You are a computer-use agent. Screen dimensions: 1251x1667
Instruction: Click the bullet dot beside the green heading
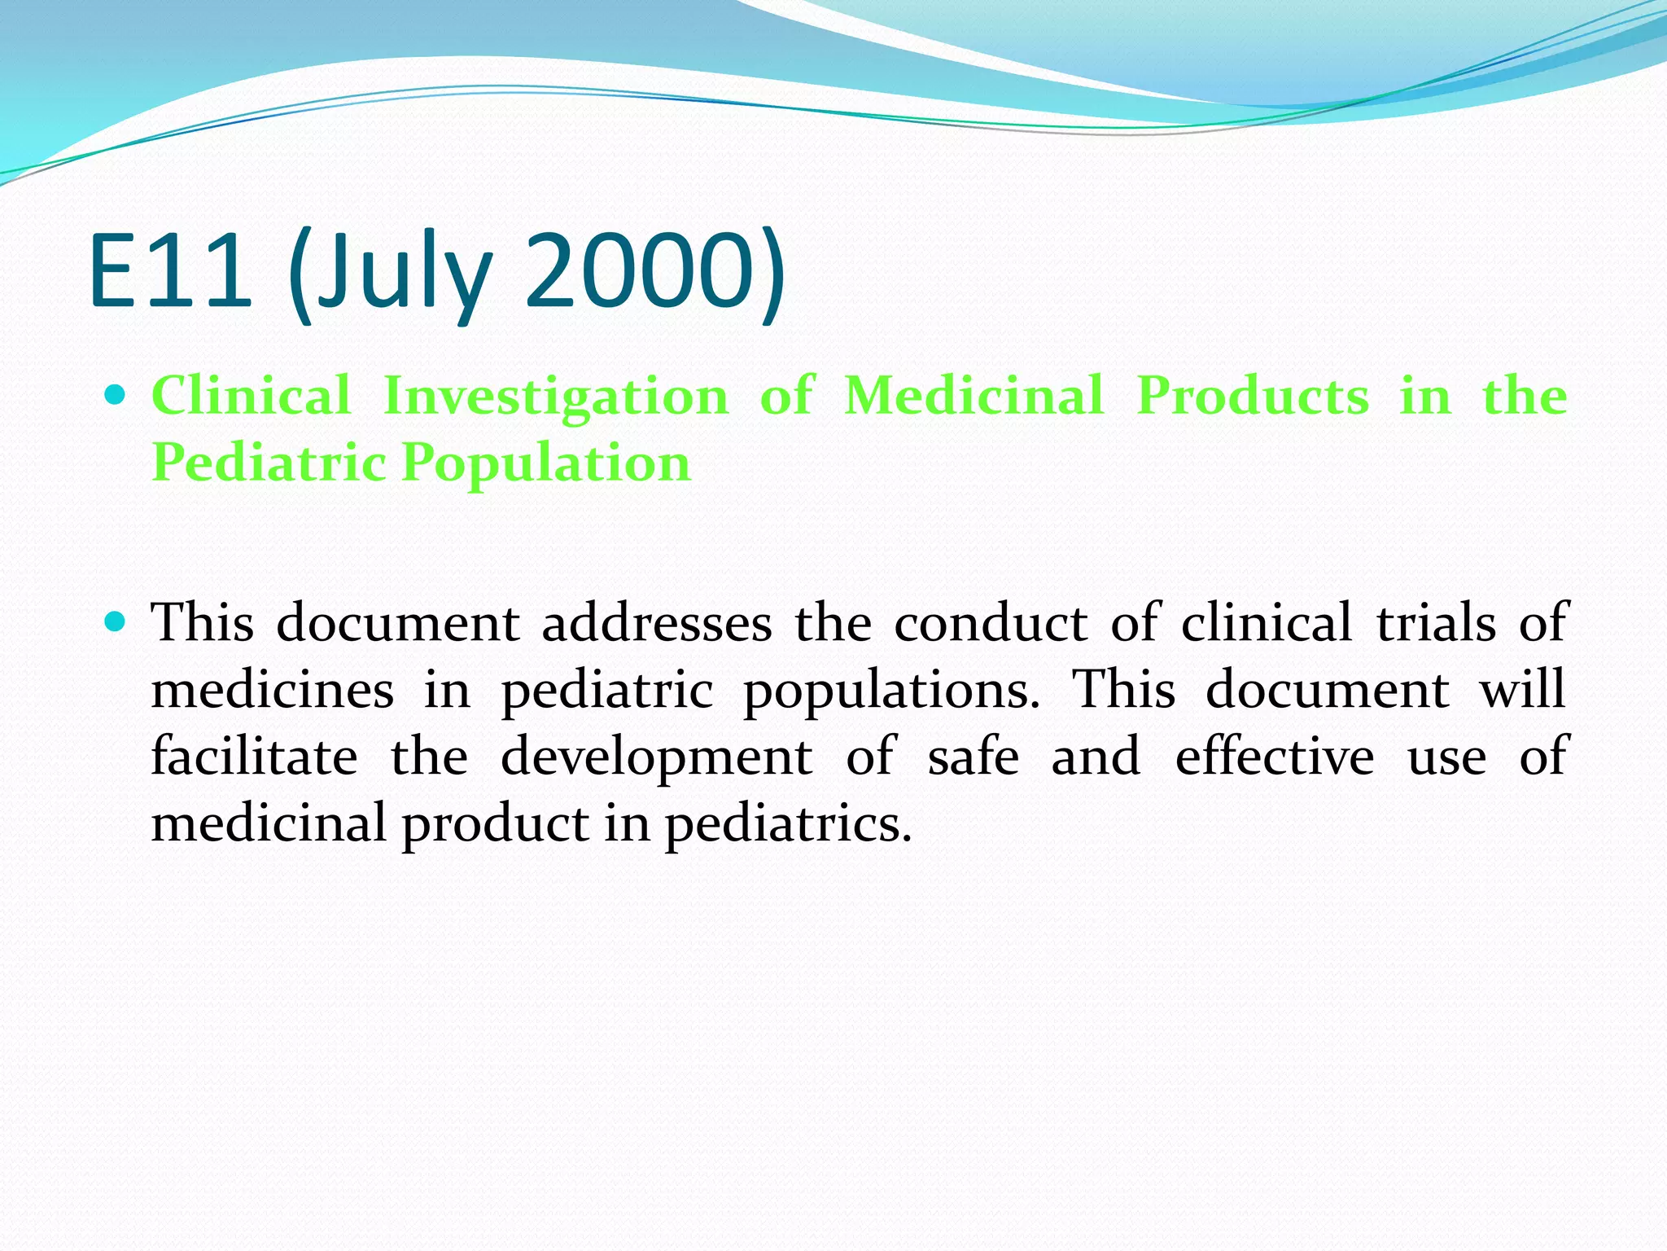click(116, 396)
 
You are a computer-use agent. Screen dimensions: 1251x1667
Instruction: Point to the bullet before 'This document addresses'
click(116, 623)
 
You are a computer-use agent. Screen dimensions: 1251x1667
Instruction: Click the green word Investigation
click(556, 397)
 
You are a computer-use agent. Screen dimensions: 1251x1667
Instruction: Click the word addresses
click(657, 624)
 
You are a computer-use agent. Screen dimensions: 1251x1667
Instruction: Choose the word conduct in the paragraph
click(991, 624)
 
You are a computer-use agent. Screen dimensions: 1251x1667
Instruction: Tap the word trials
click(1436, 624)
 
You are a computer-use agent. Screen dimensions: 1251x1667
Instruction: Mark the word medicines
click(273, 691)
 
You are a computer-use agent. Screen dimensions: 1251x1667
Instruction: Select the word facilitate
click(254, 757)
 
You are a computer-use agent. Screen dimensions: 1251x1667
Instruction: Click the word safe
click(973, 757)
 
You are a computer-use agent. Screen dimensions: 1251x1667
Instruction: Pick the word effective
click(1275, 757)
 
